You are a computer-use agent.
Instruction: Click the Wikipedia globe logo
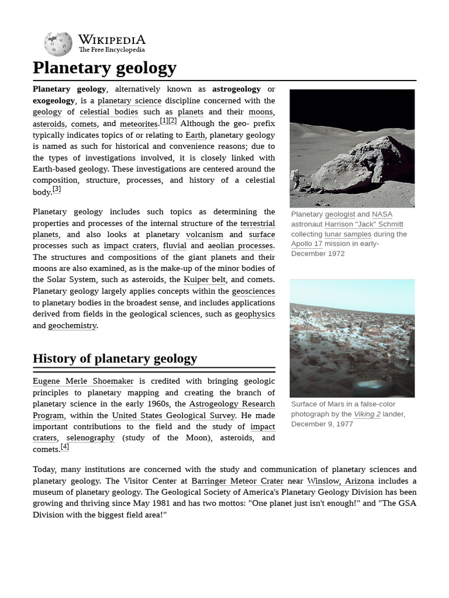[58, 44]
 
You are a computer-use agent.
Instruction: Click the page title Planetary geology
[105, 68]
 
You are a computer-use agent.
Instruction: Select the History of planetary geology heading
[115, 359]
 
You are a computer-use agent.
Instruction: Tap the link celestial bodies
[109, 112]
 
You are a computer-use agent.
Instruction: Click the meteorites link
[139, 124]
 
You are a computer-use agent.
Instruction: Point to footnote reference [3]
[57, 190]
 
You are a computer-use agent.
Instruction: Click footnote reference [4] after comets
[65, 447]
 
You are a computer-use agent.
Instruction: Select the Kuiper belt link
[204, 280]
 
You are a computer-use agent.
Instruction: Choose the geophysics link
[255, 314]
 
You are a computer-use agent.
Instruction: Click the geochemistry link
[72, 326]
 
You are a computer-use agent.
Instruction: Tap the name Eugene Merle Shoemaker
[83, 381]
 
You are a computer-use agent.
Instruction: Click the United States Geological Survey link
[174, 416]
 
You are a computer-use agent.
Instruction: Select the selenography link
[91, 438]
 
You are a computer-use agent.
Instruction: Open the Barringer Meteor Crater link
[237, 481]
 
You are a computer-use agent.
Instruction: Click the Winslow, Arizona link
[340, 481]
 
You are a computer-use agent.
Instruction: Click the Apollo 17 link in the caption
[307, 244]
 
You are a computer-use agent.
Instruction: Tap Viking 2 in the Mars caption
[367, 414]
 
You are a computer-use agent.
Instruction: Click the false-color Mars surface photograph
[352, 338]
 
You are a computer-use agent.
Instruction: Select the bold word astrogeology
[236, 89]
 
